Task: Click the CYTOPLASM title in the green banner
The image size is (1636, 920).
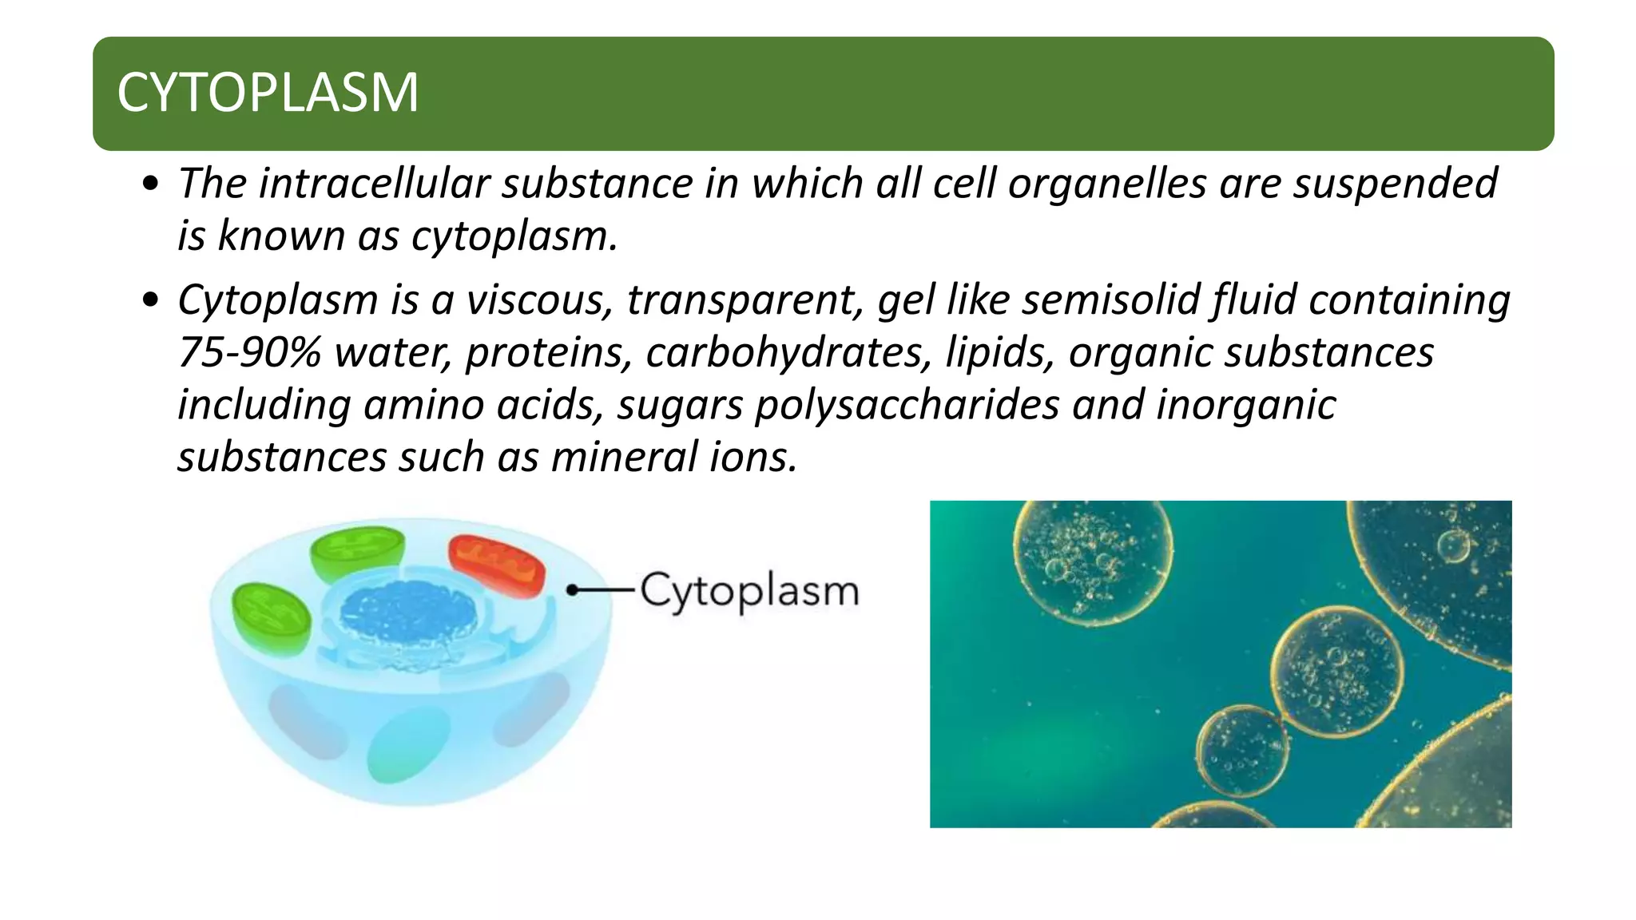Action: pyautogui.click(x=268, y=93)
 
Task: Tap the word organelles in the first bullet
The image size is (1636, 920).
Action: pyautogui.click(x=1106, y=184)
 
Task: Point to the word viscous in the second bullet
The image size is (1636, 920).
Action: pyautogui.click(x=539, y=300)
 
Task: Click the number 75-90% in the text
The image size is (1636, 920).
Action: pyautogui.click(x=249, y=353)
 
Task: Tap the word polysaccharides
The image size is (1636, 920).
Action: pyautogui.click(x=907, y=406)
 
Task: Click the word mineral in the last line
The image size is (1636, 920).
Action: pyautogui.click(x=624, y=458)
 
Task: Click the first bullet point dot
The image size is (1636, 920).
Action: pyautogui.click(x=149, y=184)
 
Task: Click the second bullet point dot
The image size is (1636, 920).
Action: pyautogui.click(x=149, y=301)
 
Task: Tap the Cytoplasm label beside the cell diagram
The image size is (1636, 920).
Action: pyautogui.click(x=749, y=592)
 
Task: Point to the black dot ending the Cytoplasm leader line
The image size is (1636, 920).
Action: pyautogui.click(x=572, y=590)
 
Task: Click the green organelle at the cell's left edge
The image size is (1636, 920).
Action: pyautogui.click(x=271, y=617)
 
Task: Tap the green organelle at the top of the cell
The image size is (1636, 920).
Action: pyautogui.click(x=358, y=553)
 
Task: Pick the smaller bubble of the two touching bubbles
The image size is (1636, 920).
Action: pyautogui.click(x=1242, y=751)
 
